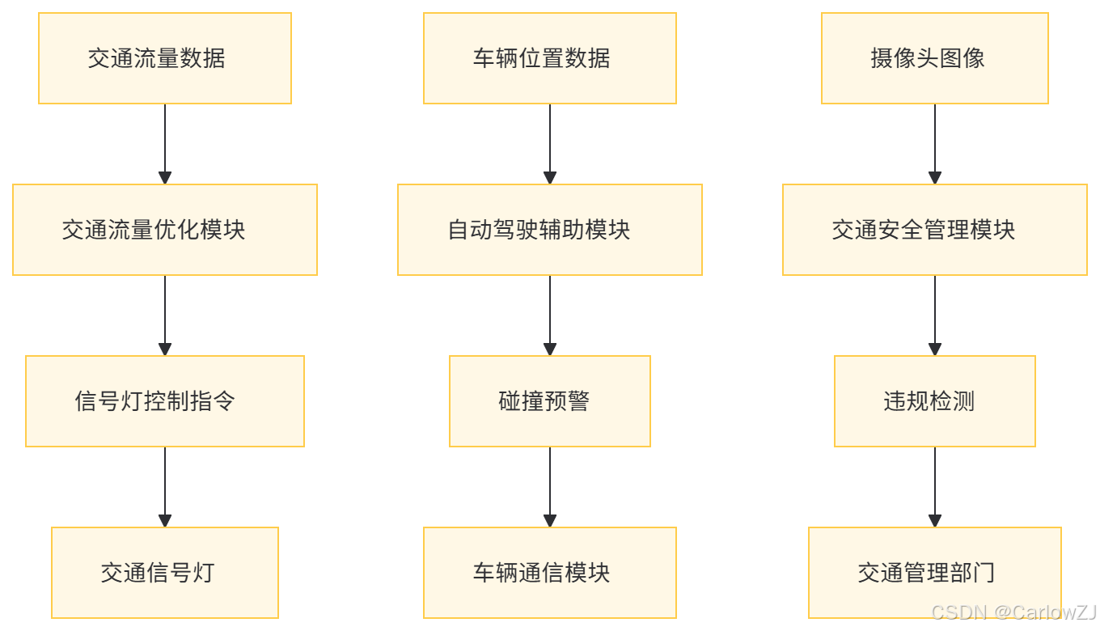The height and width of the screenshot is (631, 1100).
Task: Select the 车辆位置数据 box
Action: tap(550, 58)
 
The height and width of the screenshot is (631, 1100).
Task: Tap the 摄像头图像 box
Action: tap(935, 58)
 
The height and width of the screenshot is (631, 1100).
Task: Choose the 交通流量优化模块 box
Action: tap(165, 230)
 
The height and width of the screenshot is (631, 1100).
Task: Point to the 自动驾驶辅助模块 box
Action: tap(550, 230)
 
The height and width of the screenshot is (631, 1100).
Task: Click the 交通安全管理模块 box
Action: tap(935, 230)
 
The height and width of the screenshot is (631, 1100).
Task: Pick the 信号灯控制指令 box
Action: tap(165, 401)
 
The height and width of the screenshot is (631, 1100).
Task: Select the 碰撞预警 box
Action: tap(550, 401)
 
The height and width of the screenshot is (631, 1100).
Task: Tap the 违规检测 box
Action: tap(935, 401)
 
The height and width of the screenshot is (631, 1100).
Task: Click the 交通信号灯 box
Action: tap(165, 573)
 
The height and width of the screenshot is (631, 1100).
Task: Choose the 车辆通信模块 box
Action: tap(550, 573)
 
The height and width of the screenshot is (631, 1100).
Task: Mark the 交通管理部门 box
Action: tap(935, 573)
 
